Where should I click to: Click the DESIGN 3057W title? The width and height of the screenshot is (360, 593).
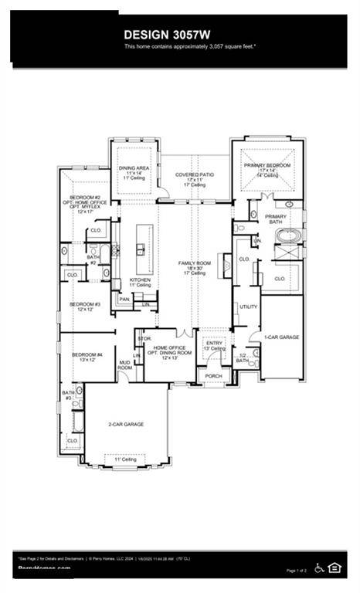click(179, 34)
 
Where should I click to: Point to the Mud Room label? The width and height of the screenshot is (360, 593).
click(124, 365)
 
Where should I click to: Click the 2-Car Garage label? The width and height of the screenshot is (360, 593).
click(126, 424)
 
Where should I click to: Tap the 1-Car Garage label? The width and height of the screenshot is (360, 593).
click(281, 337)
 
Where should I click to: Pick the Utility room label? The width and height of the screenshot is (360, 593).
click(249, 307)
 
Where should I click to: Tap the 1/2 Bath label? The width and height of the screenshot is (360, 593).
click(243, 358)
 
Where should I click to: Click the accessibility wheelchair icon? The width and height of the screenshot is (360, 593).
click(318, 568)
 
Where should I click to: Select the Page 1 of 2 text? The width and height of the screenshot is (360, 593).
click(296, 571)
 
